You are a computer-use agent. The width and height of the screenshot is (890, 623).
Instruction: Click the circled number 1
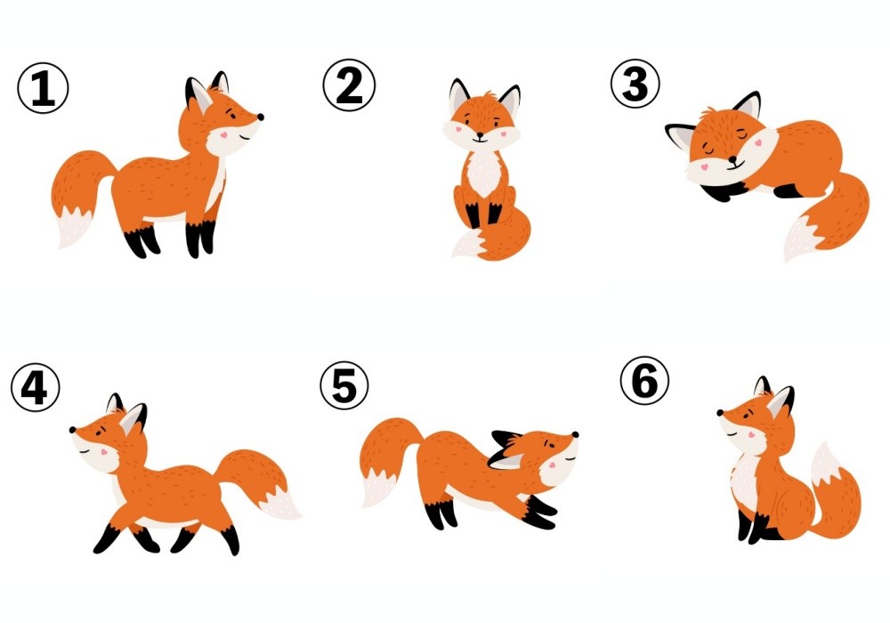(x=43, y=88)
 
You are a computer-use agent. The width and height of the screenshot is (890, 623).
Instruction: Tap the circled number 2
(x=349, y=85)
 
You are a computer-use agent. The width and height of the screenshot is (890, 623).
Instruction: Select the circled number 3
(x=635, y=84)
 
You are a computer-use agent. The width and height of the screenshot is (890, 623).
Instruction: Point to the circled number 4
(x=36, y=387)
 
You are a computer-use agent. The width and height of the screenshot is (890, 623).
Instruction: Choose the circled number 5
(x=344, y=385)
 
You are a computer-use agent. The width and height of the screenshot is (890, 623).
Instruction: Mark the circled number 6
(x=644, y=380)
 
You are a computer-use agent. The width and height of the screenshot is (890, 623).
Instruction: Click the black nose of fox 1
(x=261, y=117)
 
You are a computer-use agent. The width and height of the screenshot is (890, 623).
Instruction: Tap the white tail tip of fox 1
(x=74, y=227)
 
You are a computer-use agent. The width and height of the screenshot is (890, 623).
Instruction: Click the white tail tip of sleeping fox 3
(x=799, y=239)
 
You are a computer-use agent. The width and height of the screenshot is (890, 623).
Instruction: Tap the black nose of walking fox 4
(x=73, y=430)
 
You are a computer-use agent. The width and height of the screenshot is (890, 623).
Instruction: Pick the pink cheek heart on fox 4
(x=104, y=452)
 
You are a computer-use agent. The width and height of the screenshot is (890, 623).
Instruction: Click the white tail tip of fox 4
(x=281, y=502)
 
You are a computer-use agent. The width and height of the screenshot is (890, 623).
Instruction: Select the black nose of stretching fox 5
(x=575, y=434)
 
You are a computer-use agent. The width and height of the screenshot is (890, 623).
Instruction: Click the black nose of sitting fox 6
(x=720, y=413)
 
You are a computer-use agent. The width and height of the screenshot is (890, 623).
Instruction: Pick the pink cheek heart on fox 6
(x=751, y=435)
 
